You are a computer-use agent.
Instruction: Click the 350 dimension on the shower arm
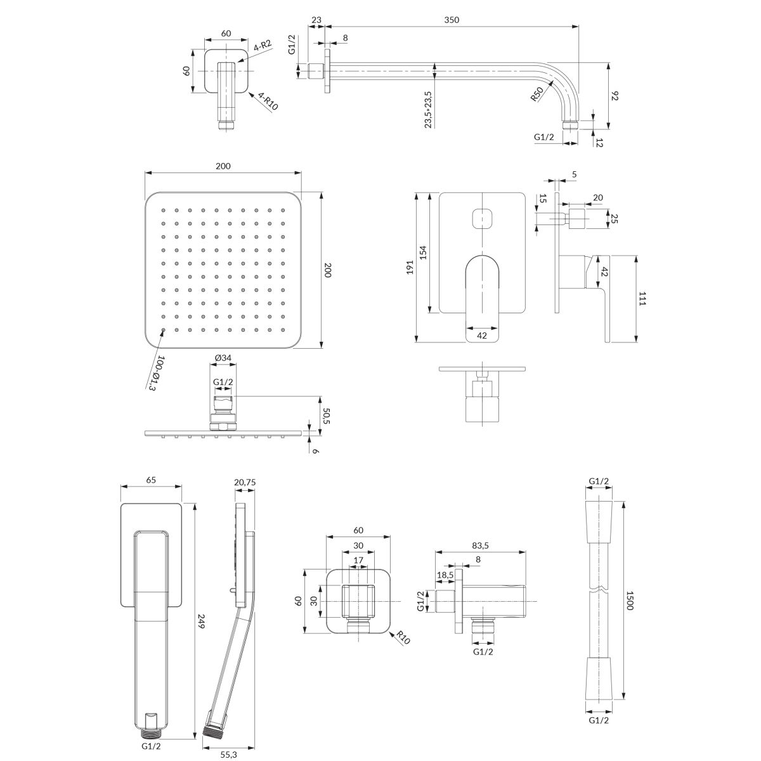[x=452, y=20]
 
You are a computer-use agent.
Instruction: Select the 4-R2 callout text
[x=263, y=46]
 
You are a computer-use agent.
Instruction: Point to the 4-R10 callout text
[x=268, y=101]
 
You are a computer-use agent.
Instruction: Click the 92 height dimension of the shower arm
[x=615, y=96]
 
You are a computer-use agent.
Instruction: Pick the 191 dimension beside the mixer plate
[x=410, y=267]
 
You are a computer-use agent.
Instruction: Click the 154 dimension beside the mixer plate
[x=423, y=253]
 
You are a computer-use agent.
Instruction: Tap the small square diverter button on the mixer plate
[x=482, y=218]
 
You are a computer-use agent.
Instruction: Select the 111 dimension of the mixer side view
[x=642, y=298]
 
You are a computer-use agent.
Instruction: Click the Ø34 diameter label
[x=223, y=358]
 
